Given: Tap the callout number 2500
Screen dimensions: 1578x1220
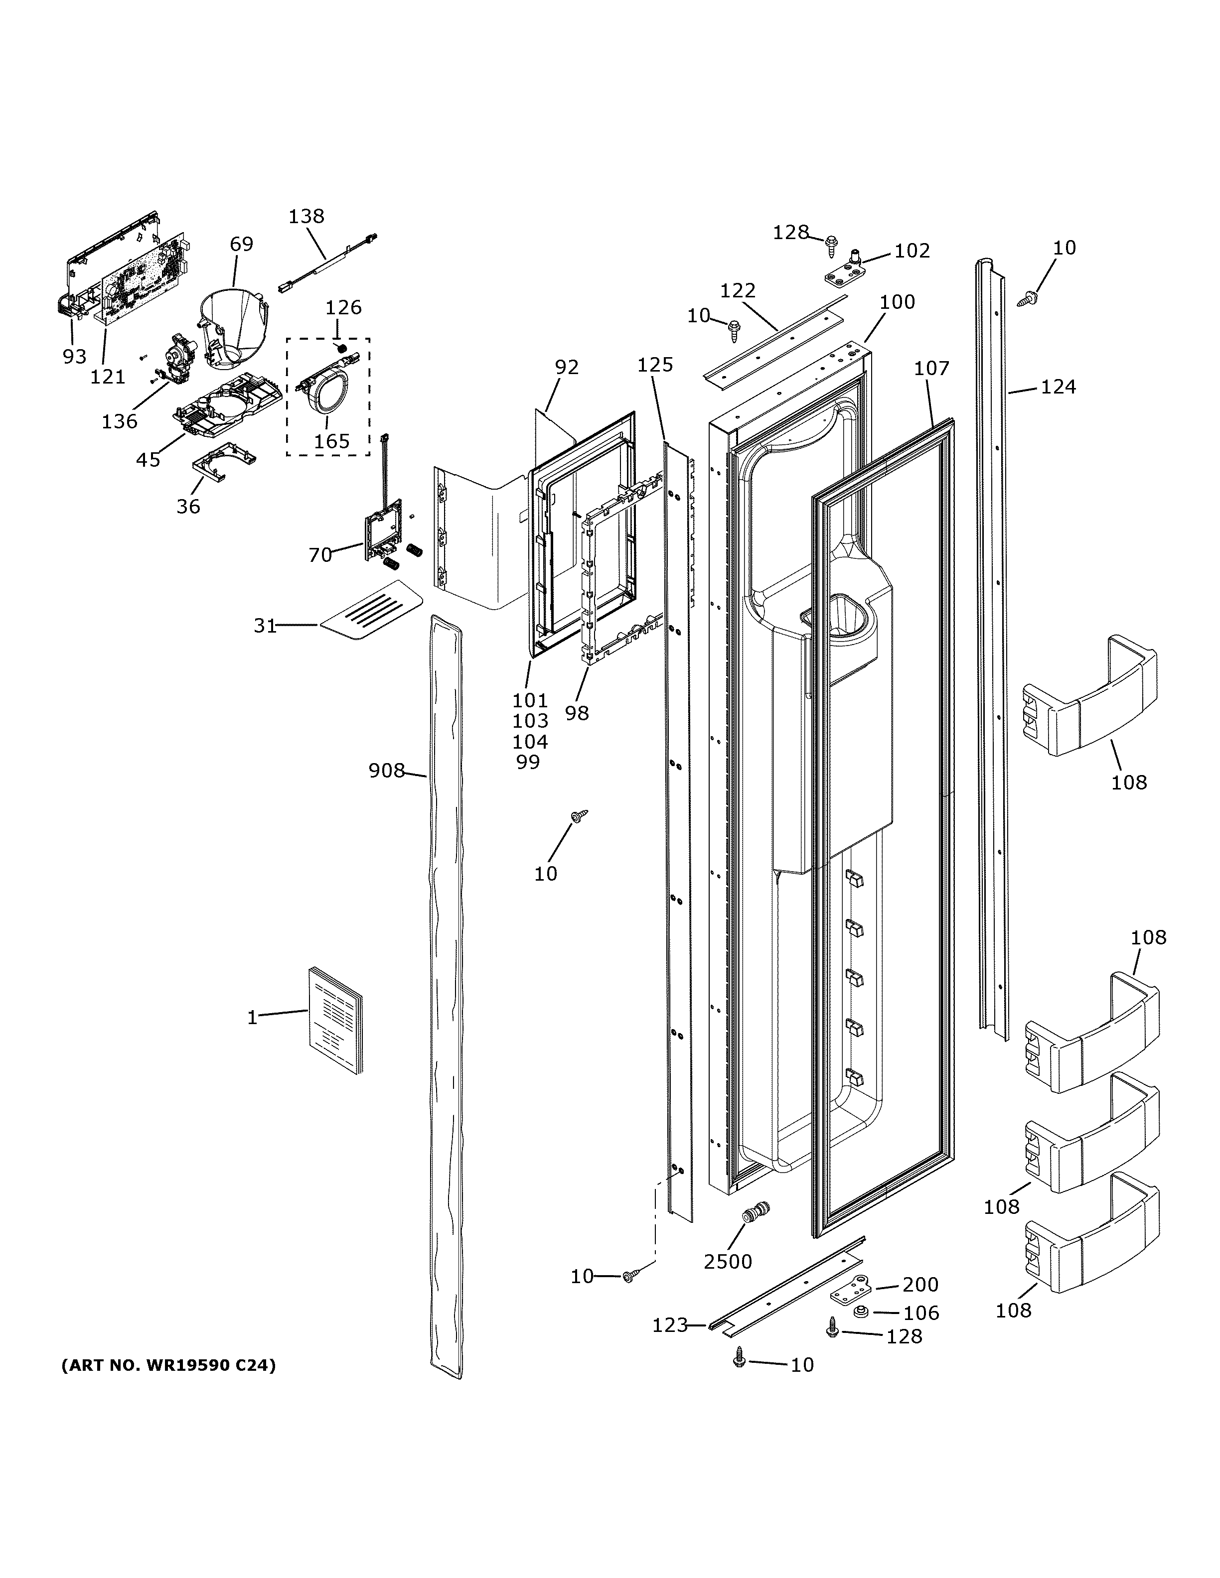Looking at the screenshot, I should click(x=728, y=1262).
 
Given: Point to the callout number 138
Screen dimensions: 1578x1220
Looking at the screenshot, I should click(x=306, y=216).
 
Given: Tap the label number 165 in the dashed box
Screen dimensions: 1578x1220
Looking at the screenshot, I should click(x=332, y=441).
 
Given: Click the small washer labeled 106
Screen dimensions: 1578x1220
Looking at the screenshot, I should click(x=860, y=1312).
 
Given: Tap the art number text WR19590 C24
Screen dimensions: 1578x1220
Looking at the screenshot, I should click(x=168, y=1366).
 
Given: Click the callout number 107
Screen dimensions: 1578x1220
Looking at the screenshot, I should click(x=931, y=369).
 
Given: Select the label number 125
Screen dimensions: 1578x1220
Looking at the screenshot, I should click(x=655, y=365).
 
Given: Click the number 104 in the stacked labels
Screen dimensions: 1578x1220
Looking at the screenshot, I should click(x=530, y=741).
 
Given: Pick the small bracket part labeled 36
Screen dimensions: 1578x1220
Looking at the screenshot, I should click(x=224, y=461).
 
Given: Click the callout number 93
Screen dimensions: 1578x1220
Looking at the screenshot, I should click(x=74, y=356).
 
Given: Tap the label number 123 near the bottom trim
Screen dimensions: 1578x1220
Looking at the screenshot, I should click(x=669, y=1325).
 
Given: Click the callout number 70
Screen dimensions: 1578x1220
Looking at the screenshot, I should click(x=320, y=555).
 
